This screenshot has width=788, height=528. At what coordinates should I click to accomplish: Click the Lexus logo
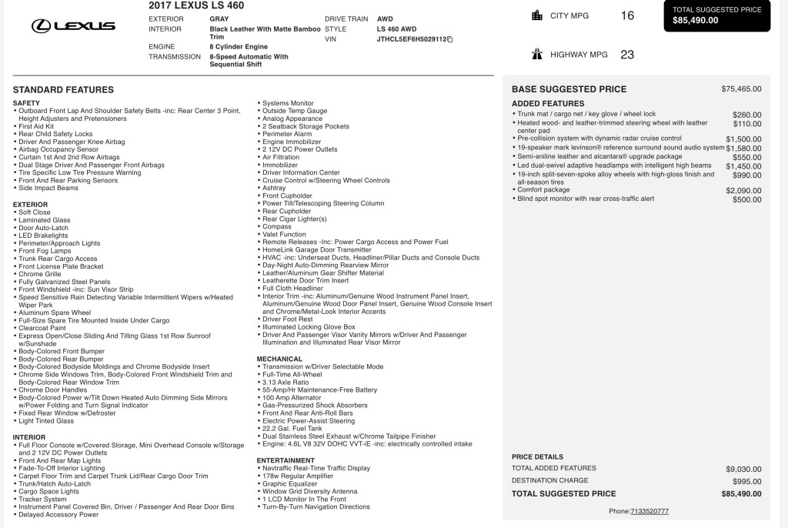[73, 26]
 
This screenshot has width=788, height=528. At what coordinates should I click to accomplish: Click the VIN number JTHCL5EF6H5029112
[411, 39]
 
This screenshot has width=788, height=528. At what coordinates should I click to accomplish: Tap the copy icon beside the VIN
[450, 39]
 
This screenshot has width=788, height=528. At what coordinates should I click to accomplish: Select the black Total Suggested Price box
[716, 15]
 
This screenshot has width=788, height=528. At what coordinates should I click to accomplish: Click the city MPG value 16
[627, 15]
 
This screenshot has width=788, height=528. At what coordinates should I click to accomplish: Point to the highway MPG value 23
[627, 55]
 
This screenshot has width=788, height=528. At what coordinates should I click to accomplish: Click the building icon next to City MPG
[537, 15]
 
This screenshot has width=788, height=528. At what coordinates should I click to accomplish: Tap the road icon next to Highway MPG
[537, 55]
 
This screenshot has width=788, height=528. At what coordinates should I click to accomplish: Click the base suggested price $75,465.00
[741, 89]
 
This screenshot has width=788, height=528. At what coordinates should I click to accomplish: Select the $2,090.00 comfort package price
[743, 190]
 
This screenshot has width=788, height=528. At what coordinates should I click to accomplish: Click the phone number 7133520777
[649, 511]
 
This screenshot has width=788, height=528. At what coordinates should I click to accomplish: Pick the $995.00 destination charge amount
[746, 481]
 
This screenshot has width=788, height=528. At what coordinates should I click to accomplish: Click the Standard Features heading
[63, 90]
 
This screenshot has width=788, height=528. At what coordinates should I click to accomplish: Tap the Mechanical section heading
[279, 359]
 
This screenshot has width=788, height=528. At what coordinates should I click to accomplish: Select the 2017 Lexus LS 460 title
[196, 5]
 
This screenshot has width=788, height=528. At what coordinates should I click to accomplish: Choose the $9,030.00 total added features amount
[743, 469]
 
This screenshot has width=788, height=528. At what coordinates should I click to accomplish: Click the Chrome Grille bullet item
[40, 274]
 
